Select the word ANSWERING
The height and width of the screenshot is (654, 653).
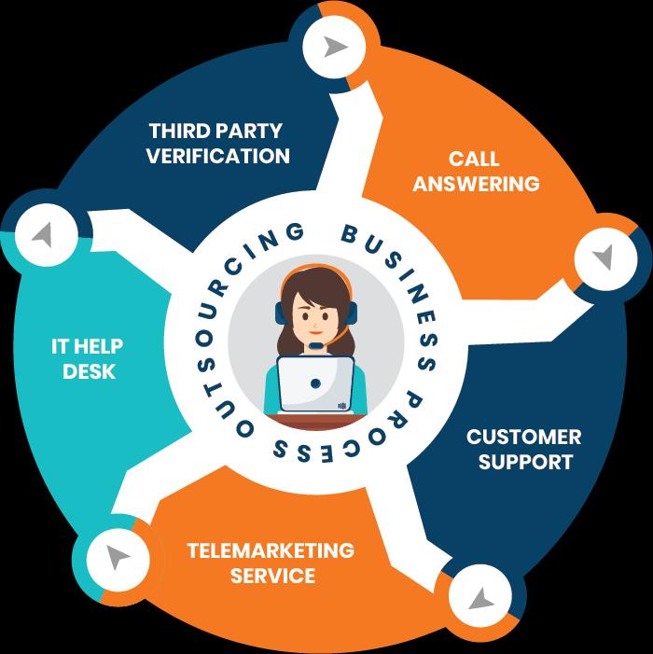click(476, 184)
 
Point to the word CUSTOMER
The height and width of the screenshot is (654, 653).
click(524, 437)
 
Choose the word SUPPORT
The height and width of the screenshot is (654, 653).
click(524, 462)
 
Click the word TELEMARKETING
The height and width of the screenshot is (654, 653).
click(271, 550)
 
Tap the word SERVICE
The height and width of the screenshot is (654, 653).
click(271, 575)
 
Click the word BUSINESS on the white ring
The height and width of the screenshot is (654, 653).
click(393, 257)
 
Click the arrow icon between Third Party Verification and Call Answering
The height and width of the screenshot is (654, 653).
click(333, 47)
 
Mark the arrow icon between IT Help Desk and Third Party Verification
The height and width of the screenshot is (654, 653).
click(40, 234)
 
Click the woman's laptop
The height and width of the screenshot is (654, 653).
click(316, 383)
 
